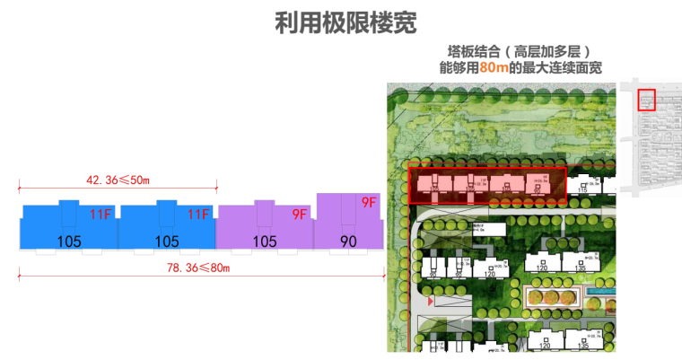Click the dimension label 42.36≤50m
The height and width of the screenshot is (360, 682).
pyautogui.click(x=117, y=180)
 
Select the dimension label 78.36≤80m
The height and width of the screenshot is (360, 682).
pyautogui.click(x=195, y=268)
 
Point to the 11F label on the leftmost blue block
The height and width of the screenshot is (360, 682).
pyautogui.click(x=101, y=215)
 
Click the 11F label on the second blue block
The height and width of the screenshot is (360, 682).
pyautogui.click(x=198, y=215)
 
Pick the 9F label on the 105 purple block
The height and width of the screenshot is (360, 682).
pyautogui.click(x=299, y=215)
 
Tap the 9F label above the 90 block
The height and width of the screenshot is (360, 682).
pyautogui.click(x=368, y=203)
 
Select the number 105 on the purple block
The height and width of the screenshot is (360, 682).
pyautogui.click(x=265, y=241)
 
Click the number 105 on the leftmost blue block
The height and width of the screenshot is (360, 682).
pyautogui.click(x=69, y=241)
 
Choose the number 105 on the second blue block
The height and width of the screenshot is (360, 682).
pyautogui.click(x=167, y=241)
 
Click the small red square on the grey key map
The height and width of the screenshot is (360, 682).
pyautogui.click(x=646, y=99)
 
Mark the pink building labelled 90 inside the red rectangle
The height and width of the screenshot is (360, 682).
pyautogui.click(x=537, y=187)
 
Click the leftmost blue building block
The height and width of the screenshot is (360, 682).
pyautogui.click(x=69, y=226)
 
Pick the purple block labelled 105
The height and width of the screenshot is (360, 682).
pyautogui.click(x=265, y=226)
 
